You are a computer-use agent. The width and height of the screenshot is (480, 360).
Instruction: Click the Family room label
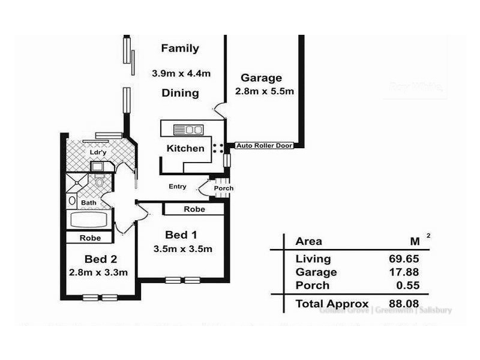[x=180, y=49]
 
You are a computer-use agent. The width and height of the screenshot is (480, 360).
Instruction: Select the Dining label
[x=180, y=93]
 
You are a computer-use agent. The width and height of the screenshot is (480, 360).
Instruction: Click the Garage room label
[x=261, y=78]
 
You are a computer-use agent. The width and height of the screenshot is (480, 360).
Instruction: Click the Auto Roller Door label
[x=264, y=145]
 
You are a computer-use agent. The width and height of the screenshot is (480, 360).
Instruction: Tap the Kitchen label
[x=185, y=148]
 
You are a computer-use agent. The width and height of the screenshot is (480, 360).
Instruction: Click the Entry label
[x=177, y=187]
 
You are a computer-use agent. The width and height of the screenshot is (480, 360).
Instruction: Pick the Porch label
[x=224, y=188]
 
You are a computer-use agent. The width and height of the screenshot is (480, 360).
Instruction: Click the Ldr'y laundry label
[x=98, y=152]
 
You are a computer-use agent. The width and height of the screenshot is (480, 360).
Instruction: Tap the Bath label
[x=89, y=203]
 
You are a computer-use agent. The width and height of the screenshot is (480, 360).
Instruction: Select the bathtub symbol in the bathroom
[x=91, y=219]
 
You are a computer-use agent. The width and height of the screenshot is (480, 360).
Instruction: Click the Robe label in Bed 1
[x=194, y=209]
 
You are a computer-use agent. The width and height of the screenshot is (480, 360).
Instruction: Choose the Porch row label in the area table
[x=312, y=286]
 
